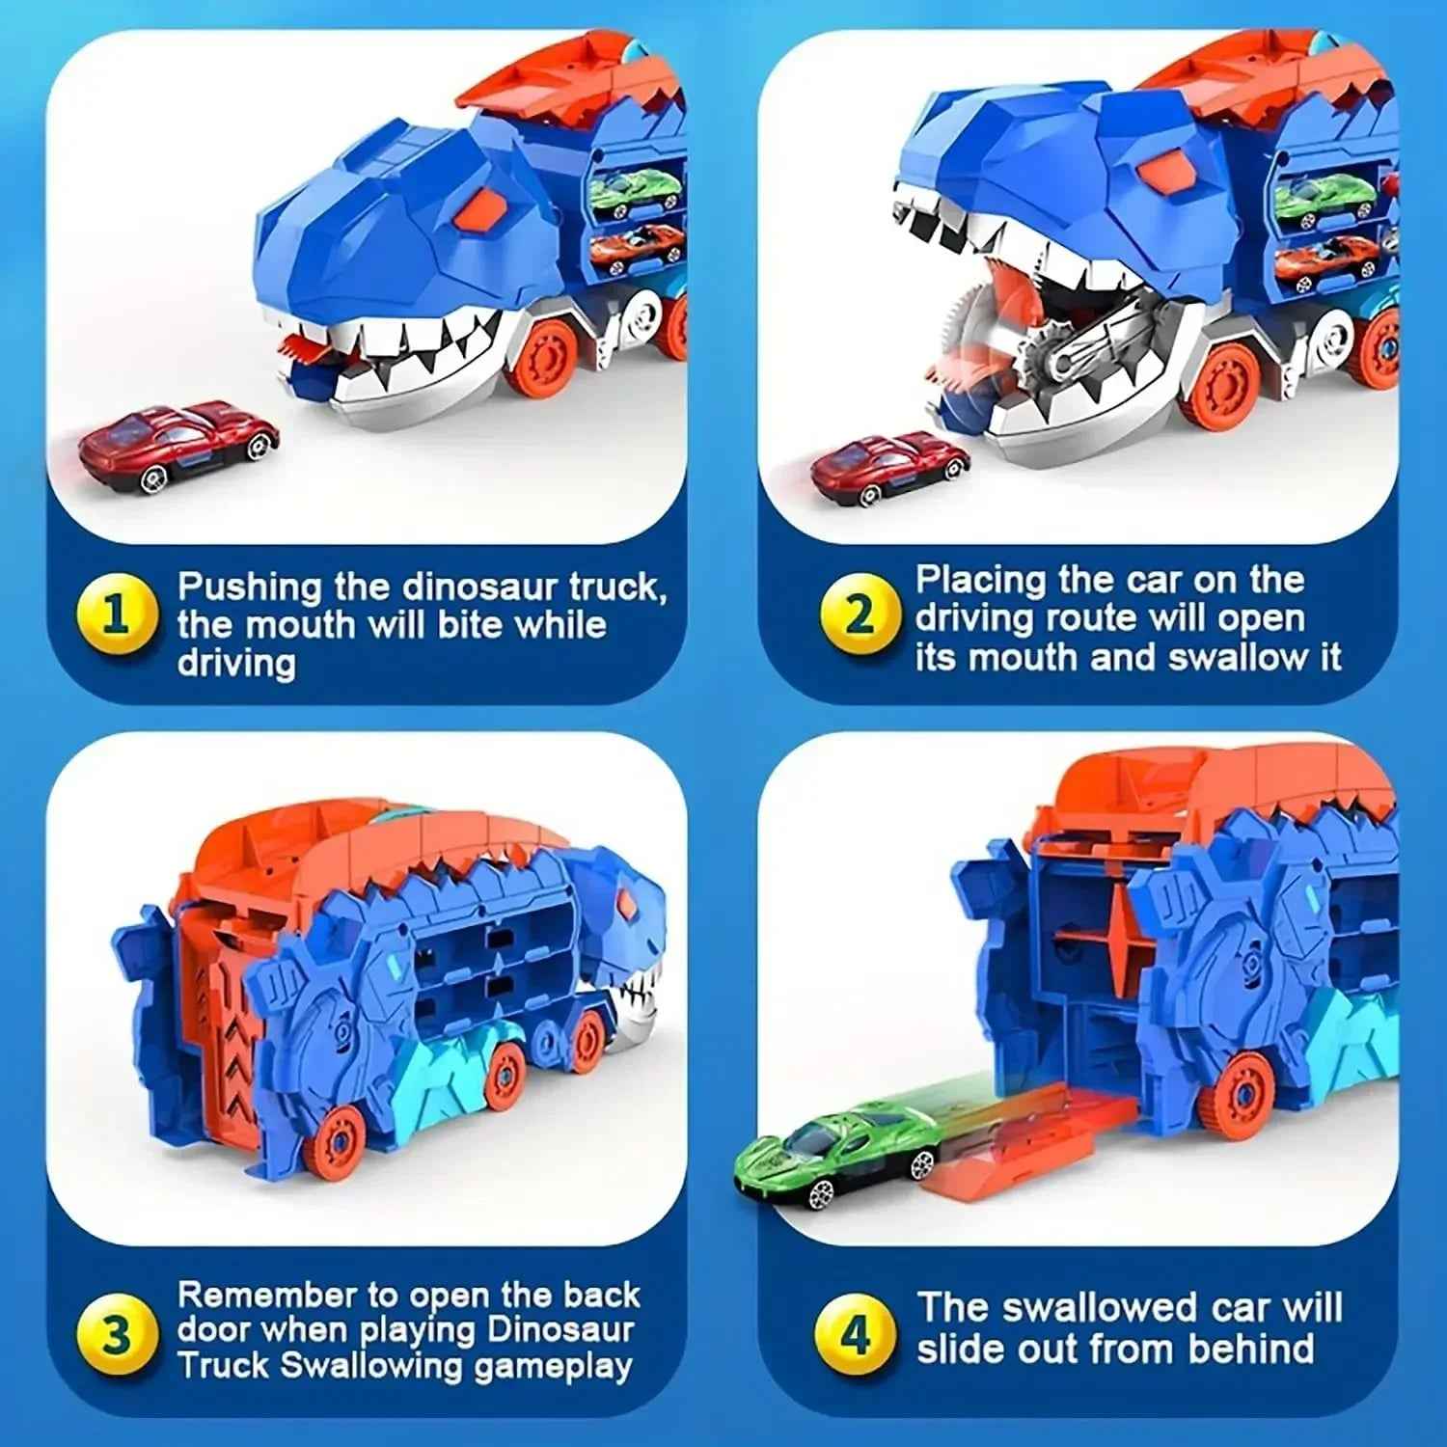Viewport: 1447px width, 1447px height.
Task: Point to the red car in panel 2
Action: tap(888, 468)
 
